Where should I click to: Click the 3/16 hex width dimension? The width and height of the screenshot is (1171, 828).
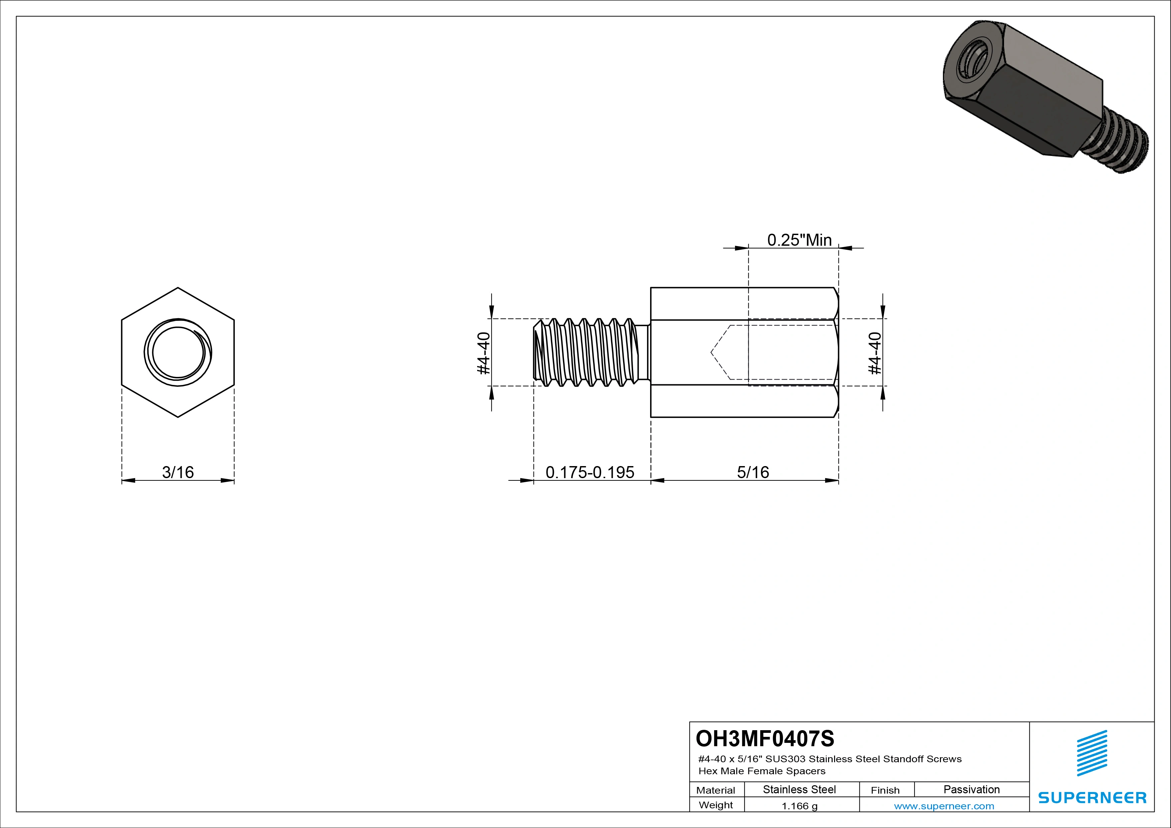(x=178, y=472)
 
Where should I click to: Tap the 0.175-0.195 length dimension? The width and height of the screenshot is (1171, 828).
(x=590, y=472)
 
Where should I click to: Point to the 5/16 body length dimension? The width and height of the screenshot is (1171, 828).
(x=753, y=472)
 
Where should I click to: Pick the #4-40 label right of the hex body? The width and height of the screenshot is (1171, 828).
(x=875, y=353)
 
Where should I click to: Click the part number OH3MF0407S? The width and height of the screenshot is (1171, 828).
(x=765, y=738)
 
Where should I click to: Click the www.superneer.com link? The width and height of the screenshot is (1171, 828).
(x=944, y=806)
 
